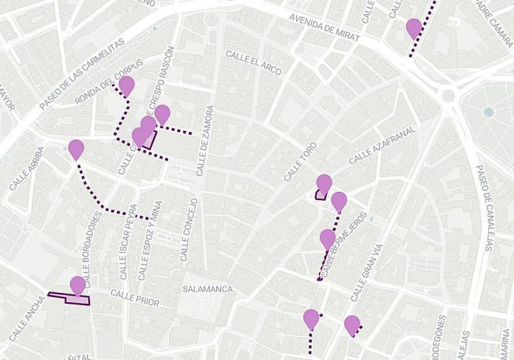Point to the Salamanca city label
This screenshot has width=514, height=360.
coord(207,289)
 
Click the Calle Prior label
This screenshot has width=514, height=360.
coord(134,298)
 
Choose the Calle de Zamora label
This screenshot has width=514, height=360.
coord(205,141)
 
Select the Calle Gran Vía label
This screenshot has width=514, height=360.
coord(365,273)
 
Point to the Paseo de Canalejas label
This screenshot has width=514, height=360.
coord(486,207)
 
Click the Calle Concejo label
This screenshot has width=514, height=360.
coord(188,230)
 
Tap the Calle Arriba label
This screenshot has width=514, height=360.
coord(27,167)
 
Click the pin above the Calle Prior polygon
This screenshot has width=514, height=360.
coord(78,285)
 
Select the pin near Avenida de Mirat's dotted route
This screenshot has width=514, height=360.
coord(414,28)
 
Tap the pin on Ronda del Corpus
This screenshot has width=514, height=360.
coord(126,85)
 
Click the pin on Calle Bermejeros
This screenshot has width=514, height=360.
coord(328,239)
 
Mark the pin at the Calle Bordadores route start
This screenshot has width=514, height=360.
coord(77,149)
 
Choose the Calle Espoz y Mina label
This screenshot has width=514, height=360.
coord(151,241)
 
